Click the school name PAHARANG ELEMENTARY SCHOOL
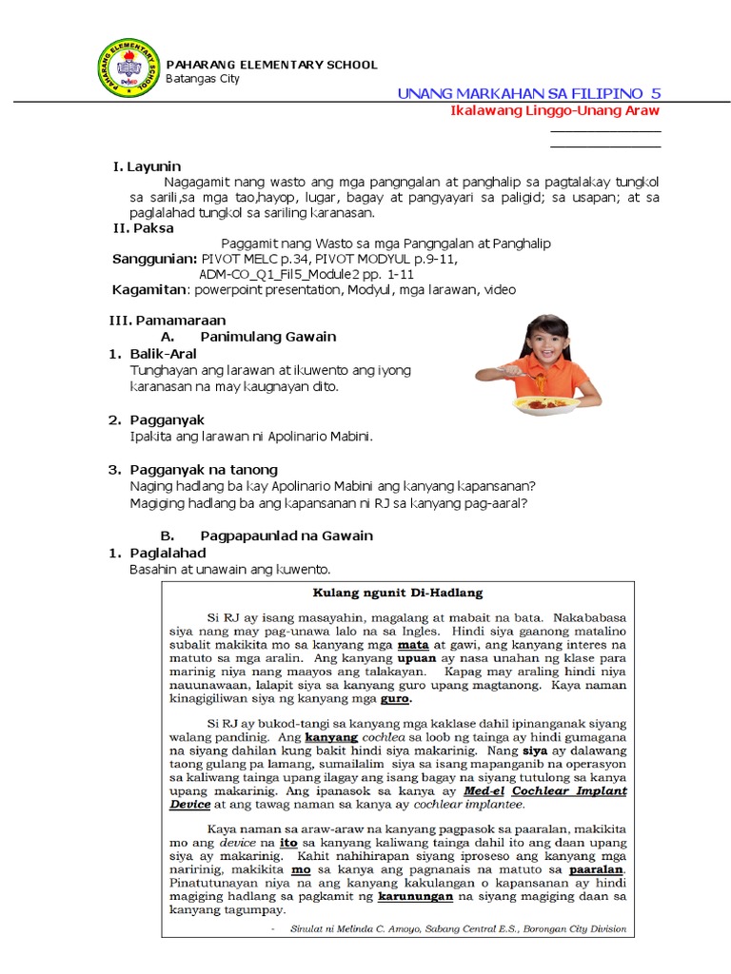(x=271, y=65)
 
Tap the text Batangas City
(x=203, y=79)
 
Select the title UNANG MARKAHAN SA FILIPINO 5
(x=528, y=92)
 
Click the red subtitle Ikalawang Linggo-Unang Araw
(x=555, y=110)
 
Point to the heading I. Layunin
(x=147, y=166)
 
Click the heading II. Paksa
(x=143, y=228)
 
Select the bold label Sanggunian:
(x=154, y=259)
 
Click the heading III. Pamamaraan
(x=167, y=321)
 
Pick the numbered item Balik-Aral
(x=163, y=354)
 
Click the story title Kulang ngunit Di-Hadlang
(x=398, y=593)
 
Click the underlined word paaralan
(x=596, y=869)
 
